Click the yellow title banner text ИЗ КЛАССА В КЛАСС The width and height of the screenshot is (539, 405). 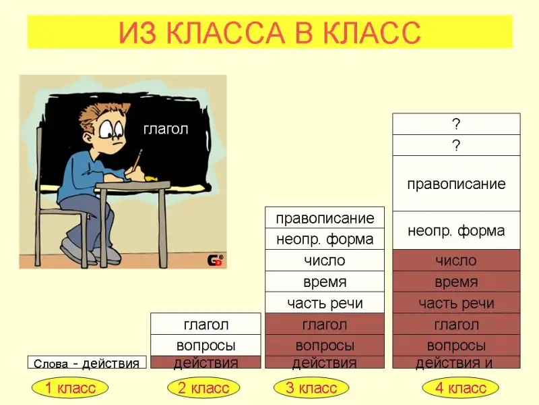click(270, 32)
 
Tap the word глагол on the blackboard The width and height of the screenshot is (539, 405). click(166, 130)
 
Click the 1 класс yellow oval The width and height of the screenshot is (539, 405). click(70, 387)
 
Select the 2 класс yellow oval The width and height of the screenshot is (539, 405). click(203, 387)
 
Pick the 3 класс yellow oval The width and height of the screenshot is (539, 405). click(311, 387)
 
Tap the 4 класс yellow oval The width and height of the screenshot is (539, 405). click(461, 387)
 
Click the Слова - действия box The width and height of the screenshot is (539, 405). click(87, 362)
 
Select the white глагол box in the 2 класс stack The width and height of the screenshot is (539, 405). click(205, 324)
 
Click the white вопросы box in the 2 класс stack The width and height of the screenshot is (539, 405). click(205, 345)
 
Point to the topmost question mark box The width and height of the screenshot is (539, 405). click(456, 124)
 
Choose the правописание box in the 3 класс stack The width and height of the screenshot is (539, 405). click(325, 217)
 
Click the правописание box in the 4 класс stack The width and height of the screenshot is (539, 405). click(456, 184)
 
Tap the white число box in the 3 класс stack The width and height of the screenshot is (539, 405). click(325, 261)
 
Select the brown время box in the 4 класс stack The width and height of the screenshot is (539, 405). click(456, 281)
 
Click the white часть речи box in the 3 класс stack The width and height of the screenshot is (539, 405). click(325, 303)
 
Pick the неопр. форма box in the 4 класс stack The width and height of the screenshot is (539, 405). click(456, 230)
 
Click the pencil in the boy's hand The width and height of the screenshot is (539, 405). click(137, 159)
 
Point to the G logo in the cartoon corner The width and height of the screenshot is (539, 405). click(215, 260)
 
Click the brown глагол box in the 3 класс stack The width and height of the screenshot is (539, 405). click(325, 324)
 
